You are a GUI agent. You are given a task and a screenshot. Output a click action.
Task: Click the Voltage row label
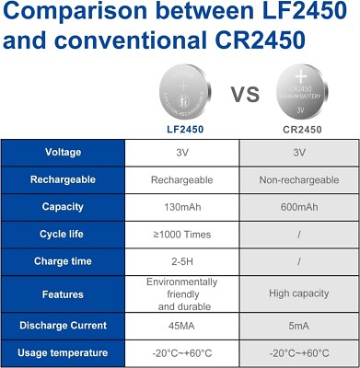(62, 152)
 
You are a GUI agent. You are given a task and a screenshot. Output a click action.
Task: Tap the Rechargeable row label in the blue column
(62, 180)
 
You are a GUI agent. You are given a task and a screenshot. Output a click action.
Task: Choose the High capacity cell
(299, 294)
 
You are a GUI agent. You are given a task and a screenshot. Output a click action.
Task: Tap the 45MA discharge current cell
(181, 324)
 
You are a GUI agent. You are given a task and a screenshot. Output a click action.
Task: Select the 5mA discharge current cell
(299, 324)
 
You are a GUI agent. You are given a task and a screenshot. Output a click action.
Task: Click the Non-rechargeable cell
(299, 180)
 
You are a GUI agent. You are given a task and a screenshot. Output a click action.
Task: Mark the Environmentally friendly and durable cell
(181, 294)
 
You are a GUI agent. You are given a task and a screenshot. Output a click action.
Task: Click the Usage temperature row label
(62, 353)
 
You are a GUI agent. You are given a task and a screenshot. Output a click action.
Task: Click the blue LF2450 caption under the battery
(180, 130)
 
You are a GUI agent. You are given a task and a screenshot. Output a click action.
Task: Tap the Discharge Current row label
(62, 324)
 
